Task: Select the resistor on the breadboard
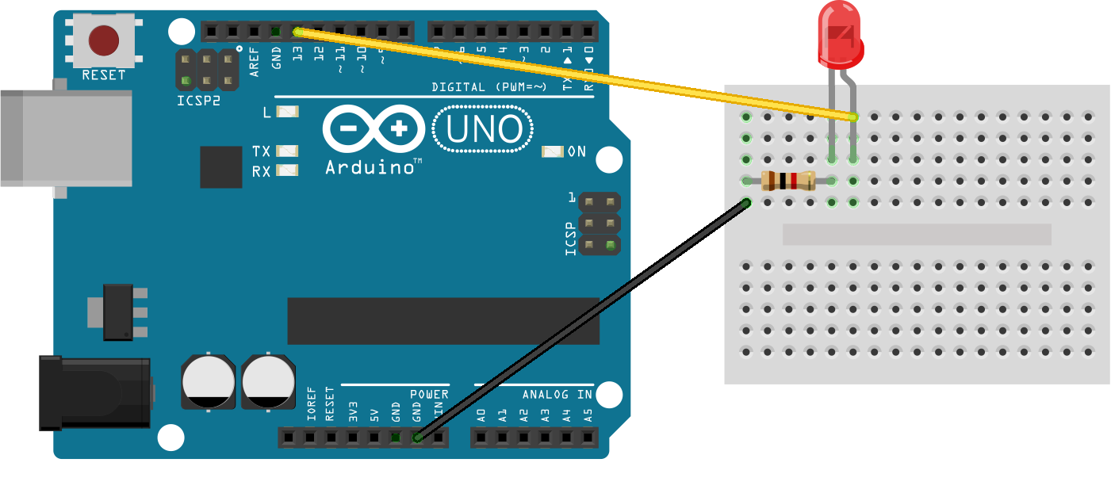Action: tap(787, 182)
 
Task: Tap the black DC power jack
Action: tap(95, 392)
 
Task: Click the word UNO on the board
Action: tap(484, 129)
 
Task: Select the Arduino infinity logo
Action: tap(374, 128)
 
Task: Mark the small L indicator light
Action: tap(287, 112)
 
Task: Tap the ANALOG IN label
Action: tap(557, 394)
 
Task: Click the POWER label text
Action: tap(429, 394)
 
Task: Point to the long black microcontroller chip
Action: tap(442, 321)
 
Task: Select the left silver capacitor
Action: tap(209, 381)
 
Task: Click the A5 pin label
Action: tap(588, 414)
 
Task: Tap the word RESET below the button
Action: tap(104, 75)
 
